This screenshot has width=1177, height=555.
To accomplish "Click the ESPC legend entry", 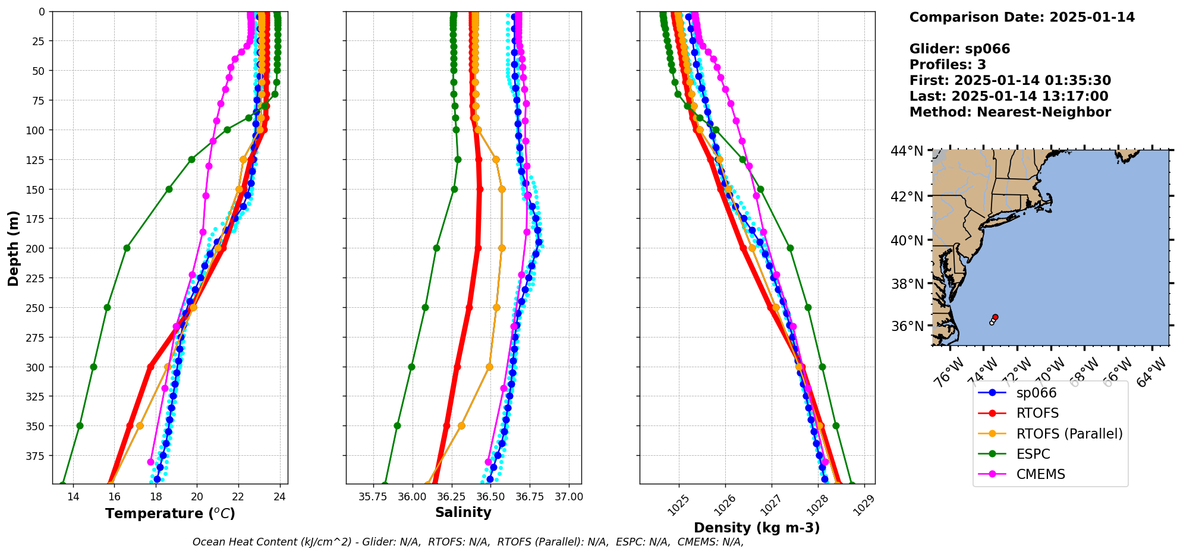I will point(1033,454).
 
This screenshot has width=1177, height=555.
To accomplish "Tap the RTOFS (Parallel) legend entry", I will point(1069,434).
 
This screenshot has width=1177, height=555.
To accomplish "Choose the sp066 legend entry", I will point(1036,393).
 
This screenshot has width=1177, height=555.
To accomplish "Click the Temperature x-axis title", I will point(170,513).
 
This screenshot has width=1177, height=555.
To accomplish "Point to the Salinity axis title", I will point(463,512).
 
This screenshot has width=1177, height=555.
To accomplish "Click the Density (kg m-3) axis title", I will point(757,528).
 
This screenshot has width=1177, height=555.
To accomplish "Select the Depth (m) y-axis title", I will point(14,248).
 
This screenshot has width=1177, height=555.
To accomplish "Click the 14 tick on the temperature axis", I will point(73,497).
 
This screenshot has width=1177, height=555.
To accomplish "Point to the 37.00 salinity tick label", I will point(569,497).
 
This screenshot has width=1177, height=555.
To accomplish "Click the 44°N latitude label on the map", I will point(907,151).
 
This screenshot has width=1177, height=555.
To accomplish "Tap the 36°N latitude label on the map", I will point(907,326).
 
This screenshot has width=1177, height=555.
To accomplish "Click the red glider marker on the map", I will point(995,317).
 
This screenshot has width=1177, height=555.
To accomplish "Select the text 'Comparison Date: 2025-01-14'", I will point(1022,17).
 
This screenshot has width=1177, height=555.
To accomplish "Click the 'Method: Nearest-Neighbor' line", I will point(1010,112).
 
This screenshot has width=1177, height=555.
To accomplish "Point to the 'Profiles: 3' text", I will point(948,65).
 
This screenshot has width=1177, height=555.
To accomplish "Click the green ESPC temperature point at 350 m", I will point(80,425).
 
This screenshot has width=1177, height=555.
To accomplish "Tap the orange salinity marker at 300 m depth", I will point(489,367).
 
